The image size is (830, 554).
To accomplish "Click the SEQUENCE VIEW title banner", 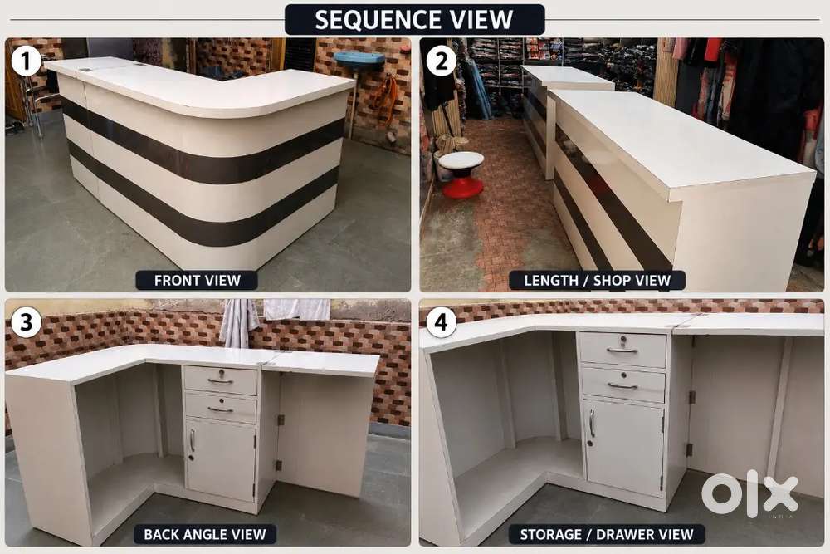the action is tap(414, 20).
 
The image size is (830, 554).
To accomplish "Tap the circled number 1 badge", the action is tap(26, 61).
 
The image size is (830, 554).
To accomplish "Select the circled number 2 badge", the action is tap(441, 61).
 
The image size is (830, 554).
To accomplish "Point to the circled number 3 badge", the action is tap(26, 321).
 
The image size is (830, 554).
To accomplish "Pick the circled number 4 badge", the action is tap(441, 321).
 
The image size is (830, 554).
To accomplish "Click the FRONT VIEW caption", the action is tap(197, 280).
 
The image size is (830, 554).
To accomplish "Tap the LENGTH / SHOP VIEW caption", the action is tap(597, 280).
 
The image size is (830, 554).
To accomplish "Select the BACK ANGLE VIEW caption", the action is tap(204, 534).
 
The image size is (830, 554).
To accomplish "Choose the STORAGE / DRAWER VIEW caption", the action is tap(607, 534).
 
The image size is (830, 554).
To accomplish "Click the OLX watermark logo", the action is tap(749, 493).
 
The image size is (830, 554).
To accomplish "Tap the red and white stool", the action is tap(461, 174).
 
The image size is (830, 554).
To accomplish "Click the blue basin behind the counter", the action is tap(359, 59).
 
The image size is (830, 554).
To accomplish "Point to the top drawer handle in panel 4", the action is tap(622, 350).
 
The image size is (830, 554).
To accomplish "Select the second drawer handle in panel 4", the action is tap(622, 386).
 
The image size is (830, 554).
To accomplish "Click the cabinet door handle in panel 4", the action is tap(593, 424).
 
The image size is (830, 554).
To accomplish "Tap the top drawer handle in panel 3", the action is tap(220, 380).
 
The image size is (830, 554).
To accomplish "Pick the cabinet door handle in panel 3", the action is tap(193, 440).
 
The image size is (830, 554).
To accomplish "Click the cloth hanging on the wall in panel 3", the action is tap(239, 322).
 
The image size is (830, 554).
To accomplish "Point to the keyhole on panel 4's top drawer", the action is tap(623, 338).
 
